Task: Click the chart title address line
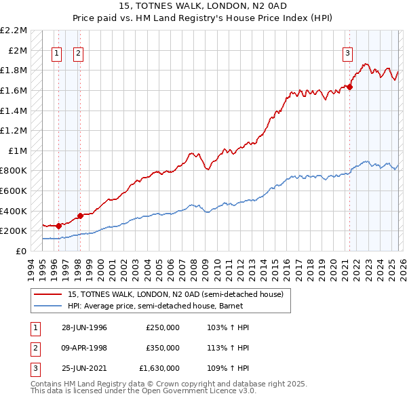point(203,6)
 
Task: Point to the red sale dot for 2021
point(350,86)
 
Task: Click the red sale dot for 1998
point(80,216)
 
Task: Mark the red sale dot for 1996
point(59,226)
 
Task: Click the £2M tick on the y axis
point(19,50)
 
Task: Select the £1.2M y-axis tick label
point(15,130)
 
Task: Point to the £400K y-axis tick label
point(15,211)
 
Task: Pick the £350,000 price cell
point(162,348)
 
